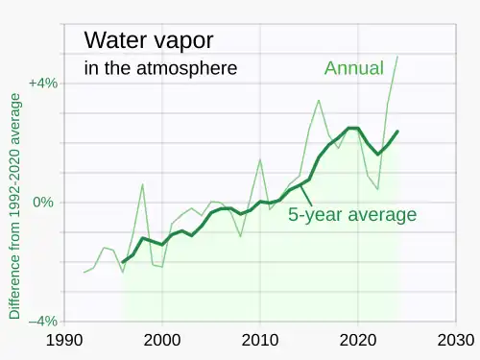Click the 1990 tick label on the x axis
(x=64, y=340)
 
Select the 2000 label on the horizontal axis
(x=162, y=340)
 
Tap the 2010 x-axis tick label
(x=260, y=340)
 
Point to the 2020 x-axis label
(x=358, y=340)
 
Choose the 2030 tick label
(x=456, y=340)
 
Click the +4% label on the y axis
(x=43, y=84)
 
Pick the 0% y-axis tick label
(x=43, y=203)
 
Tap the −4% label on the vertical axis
(x=43, y=321)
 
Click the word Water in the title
(x=115, y=40)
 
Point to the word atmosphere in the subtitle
(x=187, y=68)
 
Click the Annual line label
(x=354, y=68)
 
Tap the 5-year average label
(x=352, y=214)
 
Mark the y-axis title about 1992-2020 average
(x=14, y=206)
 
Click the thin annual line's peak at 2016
(x=319, y=100)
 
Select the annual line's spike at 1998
(x=143, y=184)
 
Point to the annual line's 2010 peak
(x=260, y=159)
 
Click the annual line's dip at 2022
(x=378, y=189)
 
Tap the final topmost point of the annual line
(x=397, y=57)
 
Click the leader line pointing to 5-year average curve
(x=306, y=196)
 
